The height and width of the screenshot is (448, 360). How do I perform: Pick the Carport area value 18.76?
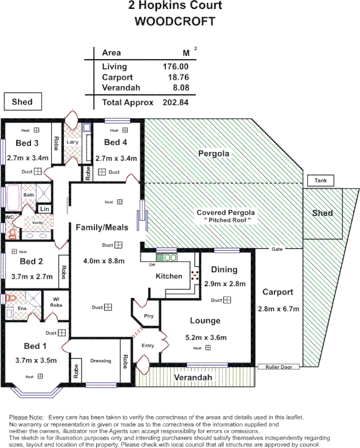(x=176, y=78)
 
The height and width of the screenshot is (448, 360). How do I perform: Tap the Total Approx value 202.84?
(x=175, y=103)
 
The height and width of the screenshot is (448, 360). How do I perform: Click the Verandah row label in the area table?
(x=121, y=88)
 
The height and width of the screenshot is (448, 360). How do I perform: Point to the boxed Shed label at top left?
(x=22, y=102)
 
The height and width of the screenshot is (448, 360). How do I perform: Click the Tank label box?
(x=320, y=181)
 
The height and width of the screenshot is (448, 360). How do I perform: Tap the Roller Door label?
(x=279, y=367)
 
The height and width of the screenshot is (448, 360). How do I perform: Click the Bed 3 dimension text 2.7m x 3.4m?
(x=28, y=158)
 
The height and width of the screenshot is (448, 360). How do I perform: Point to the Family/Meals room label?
(x=102, y=227)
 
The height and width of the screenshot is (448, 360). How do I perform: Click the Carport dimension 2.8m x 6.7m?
(x=279, y=309)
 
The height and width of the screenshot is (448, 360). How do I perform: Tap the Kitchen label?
(x=169, y=276)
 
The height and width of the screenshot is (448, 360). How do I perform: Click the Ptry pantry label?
(x=148, y=316)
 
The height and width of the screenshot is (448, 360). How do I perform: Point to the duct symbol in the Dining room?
(x=227, y=300)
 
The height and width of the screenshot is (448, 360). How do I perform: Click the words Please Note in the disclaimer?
(x=26, y=417)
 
